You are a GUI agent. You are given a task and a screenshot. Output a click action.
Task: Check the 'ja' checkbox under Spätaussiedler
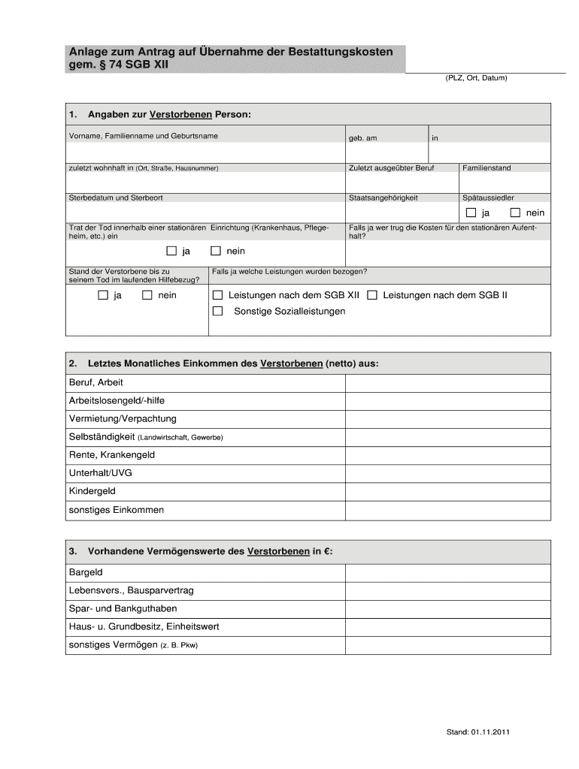click(x=471, y=213)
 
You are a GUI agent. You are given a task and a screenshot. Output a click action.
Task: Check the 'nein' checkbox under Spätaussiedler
click(x=515, y=213)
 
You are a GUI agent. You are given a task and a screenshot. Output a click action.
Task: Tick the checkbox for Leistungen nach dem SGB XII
click(x=218, y=295)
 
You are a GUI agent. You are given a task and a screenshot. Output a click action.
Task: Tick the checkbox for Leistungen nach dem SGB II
click(x=372, y=295)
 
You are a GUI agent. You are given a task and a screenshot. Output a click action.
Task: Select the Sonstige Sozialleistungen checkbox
click(x=218, y=311)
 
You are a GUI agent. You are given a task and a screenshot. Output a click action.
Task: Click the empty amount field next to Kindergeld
click(x=447, y=491)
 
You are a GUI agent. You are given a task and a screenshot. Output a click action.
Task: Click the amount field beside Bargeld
click(x=447, y=572)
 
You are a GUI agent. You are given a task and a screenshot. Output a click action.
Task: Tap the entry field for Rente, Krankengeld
click(x=447, y=455)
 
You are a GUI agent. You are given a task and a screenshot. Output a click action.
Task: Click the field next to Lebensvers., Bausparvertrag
click(x=447, y=590)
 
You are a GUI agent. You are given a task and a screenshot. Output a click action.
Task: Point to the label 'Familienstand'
click(x=487, y=168)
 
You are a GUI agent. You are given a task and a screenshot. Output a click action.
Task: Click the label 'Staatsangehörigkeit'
click(x=383, y=198)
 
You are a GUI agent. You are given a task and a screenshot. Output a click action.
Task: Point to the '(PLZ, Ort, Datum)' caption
click(x=477, y=77)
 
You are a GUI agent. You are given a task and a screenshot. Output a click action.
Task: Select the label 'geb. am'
click(x=362, y=138)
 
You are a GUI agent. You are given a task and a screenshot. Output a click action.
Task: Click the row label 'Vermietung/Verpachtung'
click(x=123, y=418)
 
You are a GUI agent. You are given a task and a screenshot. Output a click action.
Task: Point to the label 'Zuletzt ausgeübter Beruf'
click(x=391, y=168)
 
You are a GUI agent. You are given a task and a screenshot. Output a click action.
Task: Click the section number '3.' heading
click(x=73, y=551)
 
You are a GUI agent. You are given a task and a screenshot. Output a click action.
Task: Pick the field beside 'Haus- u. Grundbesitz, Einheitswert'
click(x=447, y=626)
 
